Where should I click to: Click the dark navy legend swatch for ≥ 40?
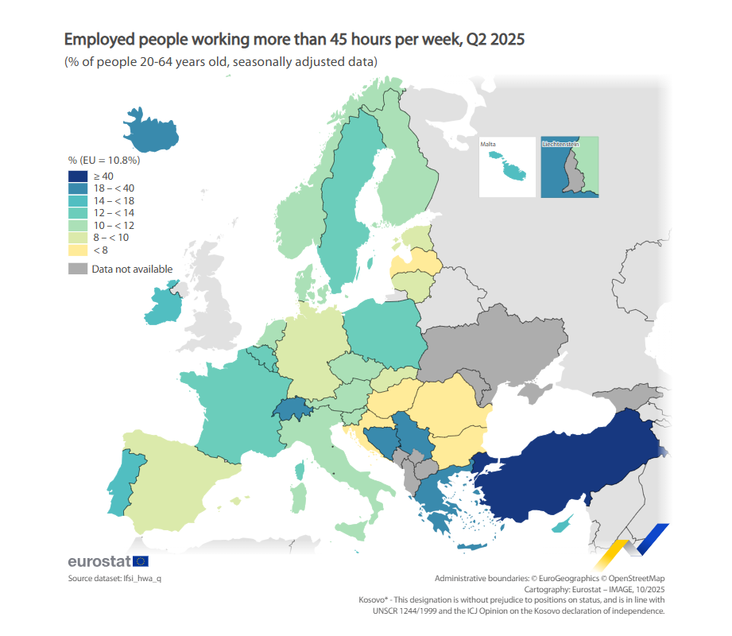(77, 176)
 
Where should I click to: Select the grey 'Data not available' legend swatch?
(77, 269)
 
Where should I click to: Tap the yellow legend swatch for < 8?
(77, 250)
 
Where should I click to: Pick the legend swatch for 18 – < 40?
(77, 188)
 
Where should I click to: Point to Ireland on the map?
(165, 306)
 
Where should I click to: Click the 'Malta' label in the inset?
(488, 144)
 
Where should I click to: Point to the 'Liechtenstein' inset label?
(560, 144)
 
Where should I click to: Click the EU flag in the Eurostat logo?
(141, 561)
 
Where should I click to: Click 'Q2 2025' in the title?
(496, 39)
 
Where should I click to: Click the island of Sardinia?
(300, 498)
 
